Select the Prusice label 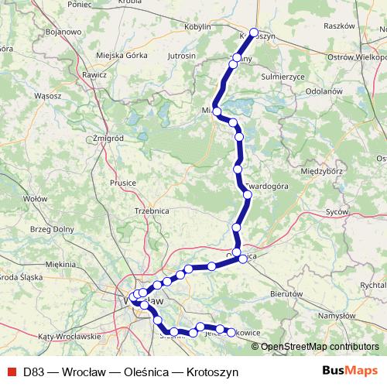point(123,183)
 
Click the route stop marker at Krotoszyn point(254,33)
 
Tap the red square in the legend point(10,372)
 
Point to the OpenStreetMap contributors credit point(320,346)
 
